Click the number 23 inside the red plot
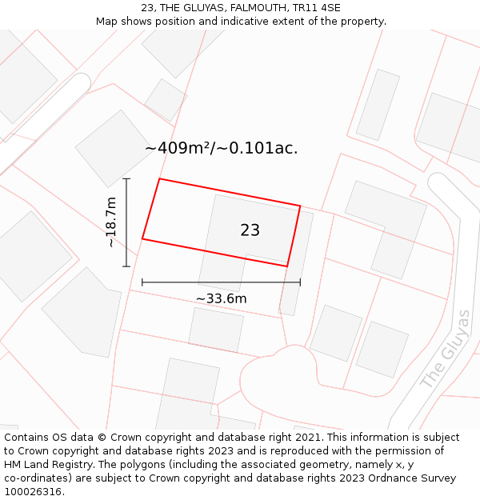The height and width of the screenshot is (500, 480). (250, 230)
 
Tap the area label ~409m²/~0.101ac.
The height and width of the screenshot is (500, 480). (221, 148)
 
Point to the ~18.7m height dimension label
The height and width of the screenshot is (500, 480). (111, 222)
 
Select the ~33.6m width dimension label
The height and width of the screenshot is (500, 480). (221, 298)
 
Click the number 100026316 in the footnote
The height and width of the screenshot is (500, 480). (33, 492)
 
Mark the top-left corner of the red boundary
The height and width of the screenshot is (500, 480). (160, 178)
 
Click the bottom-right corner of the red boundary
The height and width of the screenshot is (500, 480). (287, 266)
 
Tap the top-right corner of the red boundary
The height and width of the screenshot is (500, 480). (300, 206)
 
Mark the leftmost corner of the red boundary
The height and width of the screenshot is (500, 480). (142, 238)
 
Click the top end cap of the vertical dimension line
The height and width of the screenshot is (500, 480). (126, 178)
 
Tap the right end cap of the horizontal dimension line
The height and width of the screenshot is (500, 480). (300, 282)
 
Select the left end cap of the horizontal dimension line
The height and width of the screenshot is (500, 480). (142, 282)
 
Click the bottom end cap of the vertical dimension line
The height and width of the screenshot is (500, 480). (126, 266)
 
